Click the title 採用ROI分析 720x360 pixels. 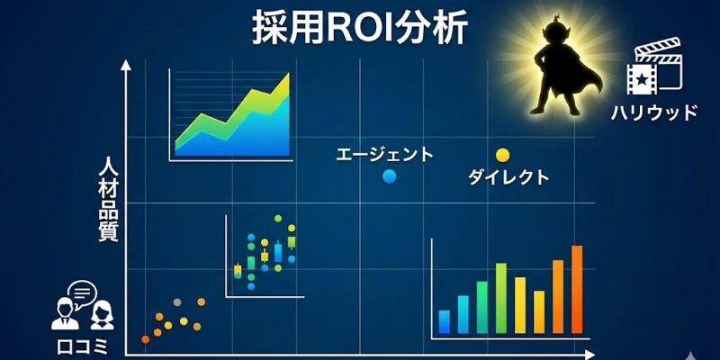(x=359, y=28)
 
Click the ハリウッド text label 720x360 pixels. (x=654, y=112)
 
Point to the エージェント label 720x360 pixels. (x=384, y=154)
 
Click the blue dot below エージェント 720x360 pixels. (x=389, y=176)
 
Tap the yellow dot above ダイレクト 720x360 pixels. (x=502, y=155)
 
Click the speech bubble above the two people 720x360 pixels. (x=82, y=292)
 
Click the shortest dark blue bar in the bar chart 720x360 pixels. (x=444, y=321)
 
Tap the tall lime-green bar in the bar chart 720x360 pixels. (x=500, y=298)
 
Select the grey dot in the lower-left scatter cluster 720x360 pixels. (x=176, y=302)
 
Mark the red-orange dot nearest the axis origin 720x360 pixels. (x=145, y=339)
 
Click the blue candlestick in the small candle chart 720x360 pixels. (x=278, y=252)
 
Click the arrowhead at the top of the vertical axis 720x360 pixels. (x=126, y=65)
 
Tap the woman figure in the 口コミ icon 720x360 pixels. (x=103, y=316)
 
